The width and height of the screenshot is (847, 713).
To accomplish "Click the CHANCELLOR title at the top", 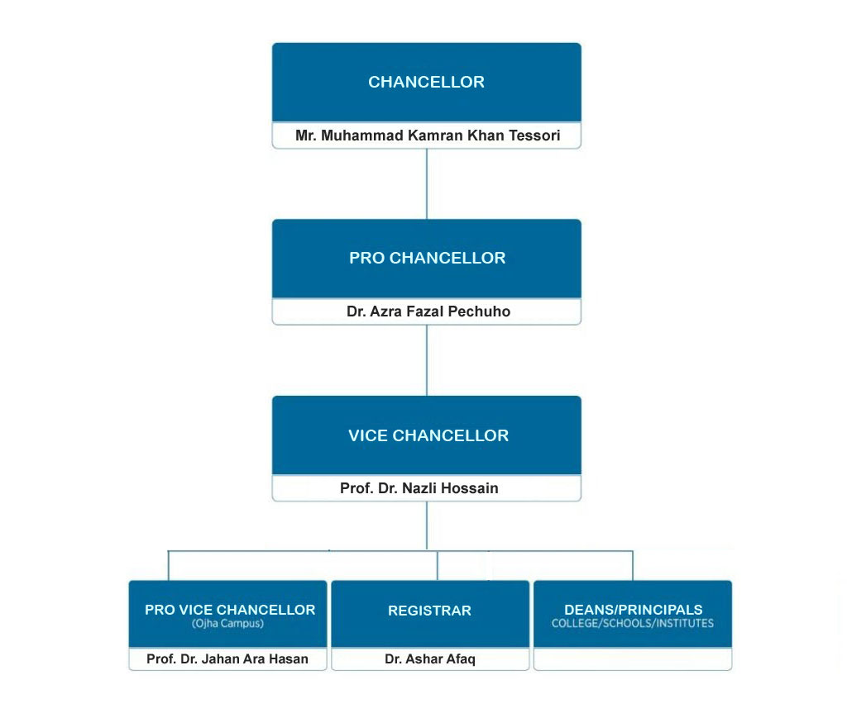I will [426, 83].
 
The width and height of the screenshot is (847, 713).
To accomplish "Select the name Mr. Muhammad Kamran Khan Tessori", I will [427, 135].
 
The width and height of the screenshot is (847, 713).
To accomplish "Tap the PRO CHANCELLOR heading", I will [427, 259].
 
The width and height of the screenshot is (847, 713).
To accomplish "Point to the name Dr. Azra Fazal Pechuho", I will [427, 312].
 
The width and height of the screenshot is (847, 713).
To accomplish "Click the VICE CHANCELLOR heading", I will [428, 436].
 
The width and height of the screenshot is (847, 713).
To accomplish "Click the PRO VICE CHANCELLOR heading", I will [230, 610].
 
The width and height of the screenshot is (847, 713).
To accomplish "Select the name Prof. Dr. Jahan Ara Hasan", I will [227, 658].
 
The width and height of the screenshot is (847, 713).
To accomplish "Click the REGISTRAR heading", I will [429, 611].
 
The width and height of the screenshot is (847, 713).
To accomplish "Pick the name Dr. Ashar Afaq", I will [429, 658].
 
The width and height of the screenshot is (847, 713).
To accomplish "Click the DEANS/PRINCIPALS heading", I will [633, 610].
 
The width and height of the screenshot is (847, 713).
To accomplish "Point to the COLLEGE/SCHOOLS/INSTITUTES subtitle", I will [633, 623].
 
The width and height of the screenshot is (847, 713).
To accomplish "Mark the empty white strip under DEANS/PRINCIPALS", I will [633, 658].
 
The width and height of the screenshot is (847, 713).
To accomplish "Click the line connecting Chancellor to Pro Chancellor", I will [427, 183].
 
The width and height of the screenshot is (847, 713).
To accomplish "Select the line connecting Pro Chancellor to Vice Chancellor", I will [427, 360].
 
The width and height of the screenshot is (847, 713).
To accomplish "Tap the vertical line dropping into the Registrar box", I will [438, 565].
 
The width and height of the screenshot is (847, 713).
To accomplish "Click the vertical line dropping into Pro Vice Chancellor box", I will [169, 565].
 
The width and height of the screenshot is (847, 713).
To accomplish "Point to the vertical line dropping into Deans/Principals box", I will [633, 565].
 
